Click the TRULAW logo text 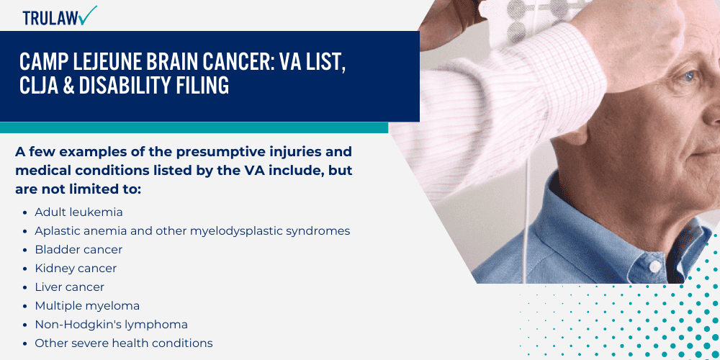pyautogui.click(x=49, y=17)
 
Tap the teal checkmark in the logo pyautogui.click(x=89, y=14)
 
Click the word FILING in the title pyautogui.click(x=199, y=86)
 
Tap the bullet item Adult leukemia pyautogui.click(x=78, y=212)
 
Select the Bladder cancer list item pyautogui.click(x=78, y=250)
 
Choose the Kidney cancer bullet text pyautogui.click(x=76, y=269)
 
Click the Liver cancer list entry pyautogui.click(x=70, y=287)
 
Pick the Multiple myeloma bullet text pyautogui.click(x=87, y=306)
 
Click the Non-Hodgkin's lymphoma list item pyautogui.click(x=111, y=325)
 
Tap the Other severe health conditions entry pyautogui.click(x=123, y=343)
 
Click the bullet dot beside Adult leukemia pyautogui.click(x=25, y=213)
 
